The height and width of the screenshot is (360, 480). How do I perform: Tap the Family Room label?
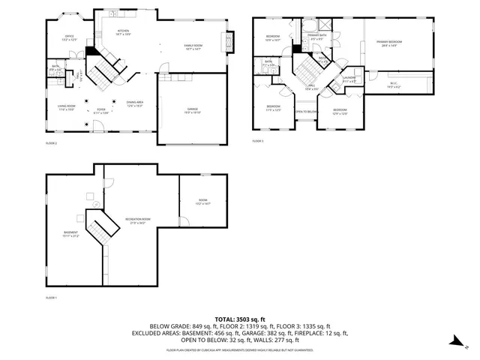pyautogui.click(x=196, y=47)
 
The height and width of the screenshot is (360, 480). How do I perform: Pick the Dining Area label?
pyautogui.click(x=135, y=104)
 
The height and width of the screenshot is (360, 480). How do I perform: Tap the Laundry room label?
pyautogui.click(x=349, y=79)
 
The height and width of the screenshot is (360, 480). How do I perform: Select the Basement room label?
pyautogui.click(x=70, y=234)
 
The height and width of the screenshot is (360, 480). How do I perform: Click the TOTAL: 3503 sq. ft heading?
pyautogui.click(x=240, y=319)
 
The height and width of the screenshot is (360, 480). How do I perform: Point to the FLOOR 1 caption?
pyautogui.click(x=52, y=298)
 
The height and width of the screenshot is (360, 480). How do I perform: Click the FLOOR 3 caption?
pyautogui.click(x=258, y=140)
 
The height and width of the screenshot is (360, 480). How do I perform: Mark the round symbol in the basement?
pyautogui.click(x=89, y=195)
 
